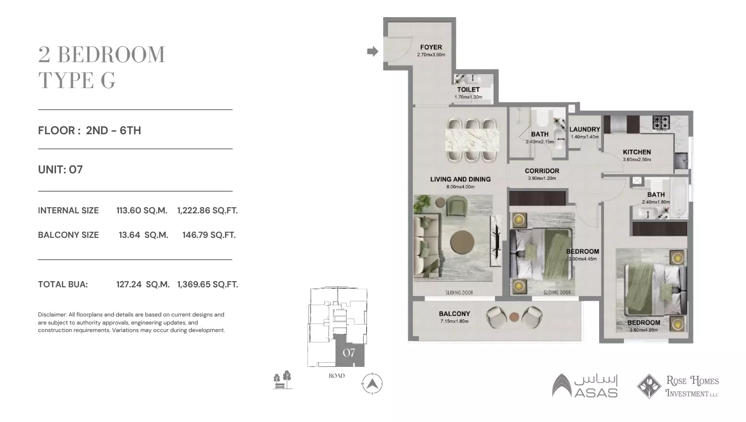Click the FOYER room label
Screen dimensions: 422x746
[431, 47]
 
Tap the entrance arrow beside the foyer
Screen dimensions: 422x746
[373, 51]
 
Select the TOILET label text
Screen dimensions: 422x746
[468, 89]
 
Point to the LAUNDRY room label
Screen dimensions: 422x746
[584, 130]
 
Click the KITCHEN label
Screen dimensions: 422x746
[637, 152]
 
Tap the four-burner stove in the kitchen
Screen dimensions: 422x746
[661, 122]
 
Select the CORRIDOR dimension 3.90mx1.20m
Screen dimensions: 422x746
[542, 179]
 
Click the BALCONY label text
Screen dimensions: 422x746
[454, 314]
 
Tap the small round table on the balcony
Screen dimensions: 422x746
[514, 317]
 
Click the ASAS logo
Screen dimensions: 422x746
[584, 386]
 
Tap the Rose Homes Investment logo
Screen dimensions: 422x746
[678, 386]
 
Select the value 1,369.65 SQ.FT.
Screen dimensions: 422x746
[207, 284]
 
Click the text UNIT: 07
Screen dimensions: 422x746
[60, 170]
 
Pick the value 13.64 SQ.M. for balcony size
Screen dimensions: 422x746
[143, 235]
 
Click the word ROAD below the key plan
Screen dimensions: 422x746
[337, 376]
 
